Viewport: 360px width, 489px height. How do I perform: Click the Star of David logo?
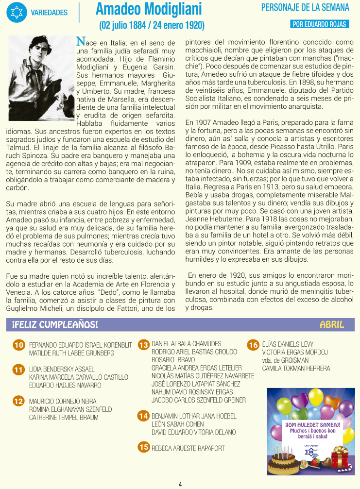pyautogui.click(x=17, y=12)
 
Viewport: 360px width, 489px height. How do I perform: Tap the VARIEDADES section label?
pyautogui.click(x=49, y=12)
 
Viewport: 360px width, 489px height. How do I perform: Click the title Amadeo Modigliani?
pyautogui.click(x=149, y=9)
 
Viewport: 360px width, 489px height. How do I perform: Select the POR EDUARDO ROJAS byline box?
pyautogui.click(x=319, y=24)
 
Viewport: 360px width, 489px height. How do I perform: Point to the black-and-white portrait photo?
pyautogui.click(x=41, y=78)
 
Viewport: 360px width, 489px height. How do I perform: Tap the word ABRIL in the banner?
pyautogui.click(x=332, y=324)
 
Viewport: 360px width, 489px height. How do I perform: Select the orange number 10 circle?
pyautogui.click(x=18, y=345)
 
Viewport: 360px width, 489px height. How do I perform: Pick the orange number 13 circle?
pyautogui.click(x=143, y=345)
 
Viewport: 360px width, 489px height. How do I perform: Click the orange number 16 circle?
pyautogui.click(x=253, y=345)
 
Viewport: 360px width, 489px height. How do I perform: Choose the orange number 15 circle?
pyautogui.click(x=143, y=447)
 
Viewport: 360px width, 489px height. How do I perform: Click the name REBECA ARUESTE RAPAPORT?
pyautogui.click(x=188, y=448)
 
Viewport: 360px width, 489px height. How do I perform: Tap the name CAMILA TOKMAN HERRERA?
pyautogui.click(x=296, y=368)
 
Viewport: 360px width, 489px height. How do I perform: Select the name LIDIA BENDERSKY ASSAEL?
pyautogui.click(x=62, y=369)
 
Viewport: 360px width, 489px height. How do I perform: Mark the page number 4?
pyautogui.click(x=180, y=484)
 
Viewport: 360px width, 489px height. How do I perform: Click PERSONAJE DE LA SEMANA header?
pyautogui.click(x=305, y=8)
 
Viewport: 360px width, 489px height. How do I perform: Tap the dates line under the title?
pyautogui.click(x=152, y=25)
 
